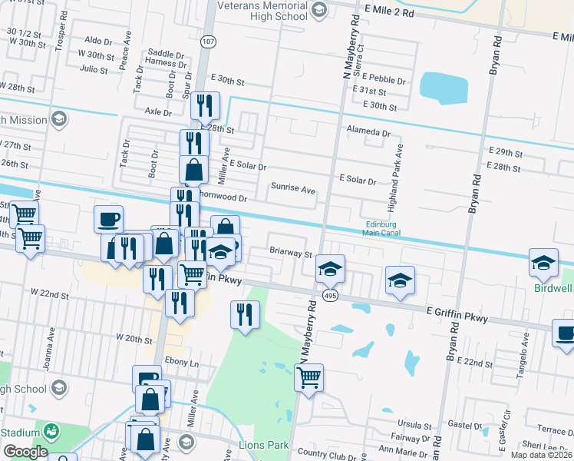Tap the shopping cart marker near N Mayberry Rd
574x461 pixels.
coord(308,377)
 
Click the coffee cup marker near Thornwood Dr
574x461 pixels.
coord(108,218)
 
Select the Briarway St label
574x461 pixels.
coord(291,252)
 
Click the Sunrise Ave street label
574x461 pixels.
coord(292,188)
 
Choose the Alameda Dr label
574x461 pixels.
coord(364,131)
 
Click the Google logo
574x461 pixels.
coord(25,452)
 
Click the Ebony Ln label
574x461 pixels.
coord(183,363)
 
